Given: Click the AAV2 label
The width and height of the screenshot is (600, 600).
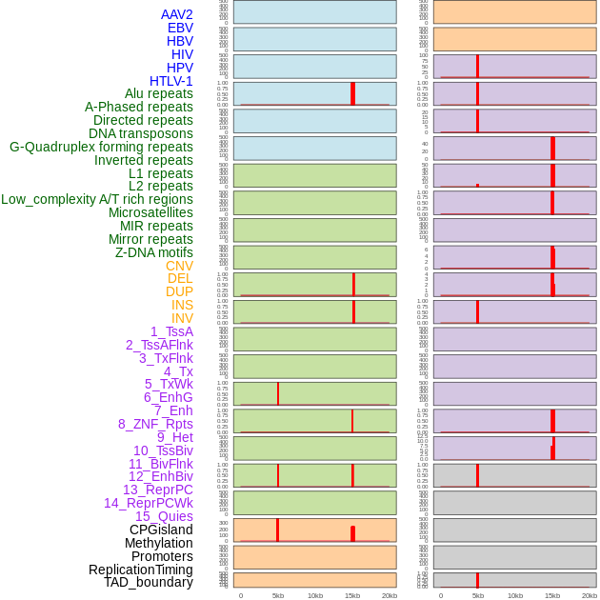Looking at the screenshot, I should tap(177, 14).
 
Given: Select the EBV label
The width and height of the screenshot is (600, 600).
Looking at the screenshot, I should tap(180, 28).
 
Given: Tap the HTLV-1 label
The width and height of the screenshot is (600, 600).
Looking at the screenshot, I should tap(171, 81).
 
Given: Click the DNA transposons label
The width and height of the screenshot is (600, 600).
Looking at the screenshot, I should tap(141, 133).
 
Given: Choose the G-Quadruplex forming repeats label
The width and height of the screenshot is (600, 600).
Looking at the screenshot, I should tap(101, 147).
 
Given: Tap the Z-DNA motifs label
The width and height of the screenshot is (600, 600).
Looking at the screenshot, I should tap(154, 252).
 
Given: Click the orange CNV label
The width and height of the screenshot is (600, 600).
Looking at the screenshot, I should tap(179, 266).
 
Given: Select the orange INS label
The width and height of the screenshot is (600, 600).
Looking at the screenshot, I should tap(182, 305).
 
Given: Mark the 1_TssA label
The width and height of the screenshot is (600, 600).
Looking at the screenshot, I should tap(171, 331).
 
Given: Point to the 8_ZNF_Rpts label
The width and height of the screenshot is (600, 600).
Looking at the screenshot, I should tap(155, 424).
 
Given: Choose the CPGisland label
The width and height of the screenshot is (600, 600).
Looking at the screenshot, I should tap(161, 530).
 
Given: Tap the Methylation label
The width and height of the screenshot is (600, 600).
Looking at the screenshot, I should tap(159, 543).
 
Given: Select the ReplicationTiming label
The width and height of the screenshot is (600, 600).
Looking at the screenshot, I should tap(141, 570).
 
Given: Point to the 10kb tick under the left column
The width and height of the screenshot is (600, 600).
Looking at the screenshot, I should tap(315, 595).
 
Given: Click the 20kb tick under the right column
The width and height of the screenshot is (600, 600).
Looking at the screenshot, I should tap(590, 595).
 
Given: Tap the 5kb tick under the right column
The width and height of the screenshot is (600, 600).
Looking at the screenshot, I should tap(478, 595).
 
